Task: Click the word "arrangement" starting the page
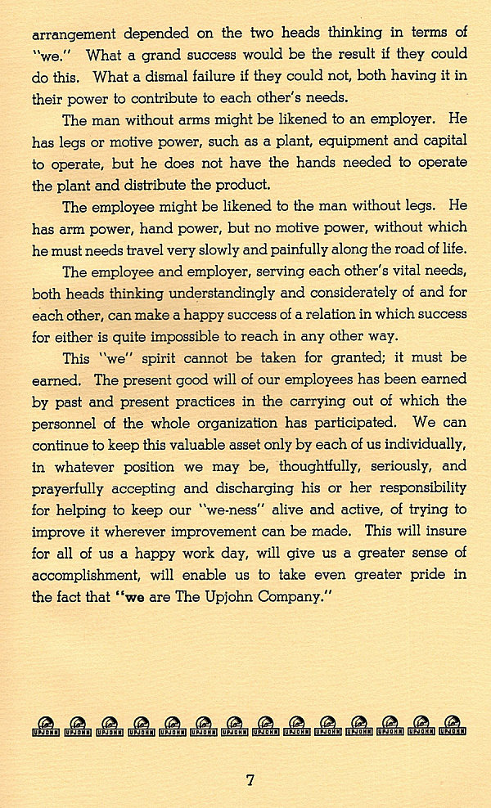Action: pos(72,34)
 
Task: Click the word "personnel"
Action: pos(70,424)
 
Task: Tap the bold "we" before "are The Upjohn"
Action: pos(111,597)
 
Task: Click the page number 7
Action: pos(250,779)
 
